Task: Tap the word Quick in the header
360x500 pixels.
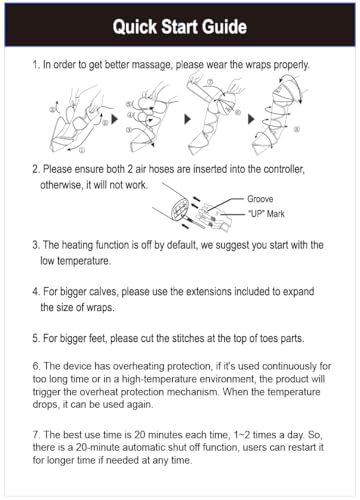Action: (134, 27)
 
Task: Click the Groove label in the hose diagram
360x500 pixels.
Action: (260, 199)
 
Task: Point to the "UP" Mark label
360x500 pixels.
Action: (266, 214)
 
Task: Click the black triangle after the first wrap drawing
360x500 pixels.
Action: (115, 119)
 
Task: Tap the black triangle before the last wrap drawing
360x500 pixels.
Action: (251, 119)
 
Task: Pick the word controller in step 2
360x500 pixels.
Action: (284, 169)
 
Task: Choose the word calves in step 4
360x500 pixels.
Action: (103, 292)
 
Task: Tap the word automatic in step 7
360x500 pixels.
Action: (146, 447)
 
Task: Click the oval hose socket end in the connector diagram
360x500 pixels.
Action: (180, 208)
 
